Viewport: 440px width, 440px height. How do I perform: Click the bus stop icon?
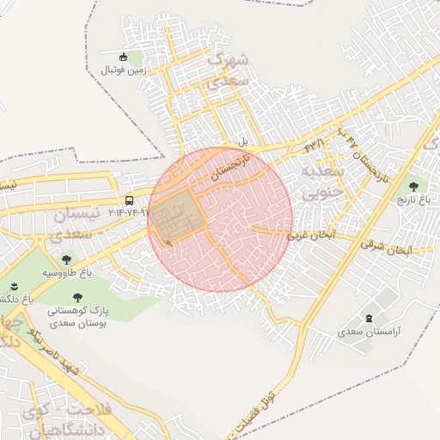coord(129,201)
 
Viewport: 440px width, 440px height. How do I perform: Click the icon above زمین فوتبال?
coord(123,57)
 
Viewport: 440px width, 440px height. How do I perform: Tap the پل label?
coord(243,141)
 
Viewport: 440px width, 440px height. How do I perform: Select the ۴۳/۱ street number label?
coord(315,145)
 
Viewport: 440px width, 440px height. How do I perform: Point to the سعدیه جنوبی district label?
coord(321,182)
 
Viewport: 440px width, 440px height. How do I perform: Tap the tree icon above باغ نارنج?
coord(415,185)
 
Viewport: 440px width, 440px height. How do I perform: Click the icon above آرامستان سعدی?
coord(370,319)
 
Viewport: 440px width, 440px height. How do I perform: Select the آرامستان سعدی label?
coord(367,332)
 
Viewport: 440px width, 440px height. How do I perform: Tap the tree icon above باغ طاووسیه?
coord(65,258)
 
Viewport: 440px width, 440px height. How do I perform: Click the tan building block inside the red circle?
coord(179,214)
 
